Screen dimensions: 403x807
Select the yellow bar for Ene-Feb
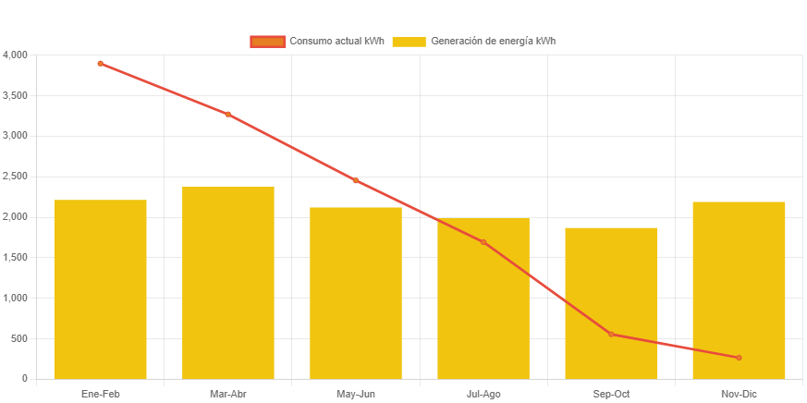point(100,288)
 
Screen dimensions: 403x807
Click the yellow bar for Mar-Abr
point(227,282)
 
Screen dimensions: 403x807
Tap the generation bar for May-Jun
point(355,292)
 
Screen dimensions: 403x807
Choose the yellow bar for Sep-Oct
point(610,302)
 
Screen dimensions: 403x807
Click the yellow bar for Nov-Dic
point(738,289)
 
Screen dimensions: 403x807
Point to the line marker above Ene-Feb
point(100,64)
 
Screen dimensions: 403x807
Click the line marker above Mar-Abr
point(227,115)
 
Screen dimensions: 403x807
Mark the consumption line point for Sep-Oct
point(610,334)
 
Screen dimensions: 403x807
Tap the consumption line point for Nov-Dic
point(738,357)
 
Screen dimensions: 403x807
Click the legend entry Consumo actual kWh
point(317,42)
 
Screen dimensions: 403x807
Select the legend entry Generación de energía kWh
point(473,42)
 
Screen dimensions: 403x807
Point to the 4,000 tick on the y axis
point(16,55)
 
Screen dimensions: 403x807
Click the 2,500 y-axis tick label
point(16,176)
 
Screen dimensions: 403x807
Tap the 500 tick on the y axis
point(19,338)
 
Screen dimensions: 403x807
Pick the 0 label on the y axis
point(25,378)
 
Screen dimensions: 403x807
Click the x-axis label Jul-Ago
point(483,395)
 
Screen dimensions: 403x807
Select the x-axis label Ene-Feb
point(100,395)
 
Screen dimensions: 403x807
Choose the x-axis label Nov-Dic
point(738,395)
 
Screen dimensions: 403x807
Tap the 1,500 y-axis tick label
point(16,257)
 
